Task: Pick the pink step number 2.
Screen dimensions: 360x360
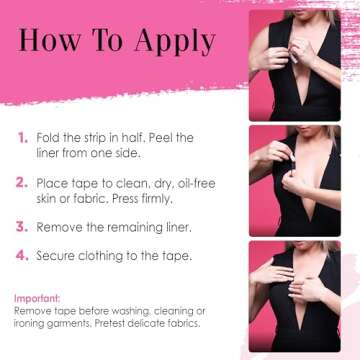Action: (23, 184)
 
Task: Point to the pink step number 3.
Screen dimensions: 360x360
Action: (23, 228)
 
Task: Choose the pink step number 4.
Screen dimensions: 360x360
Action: (23, 256)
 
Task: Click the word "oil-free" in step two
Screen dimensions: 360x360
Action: (194, 184)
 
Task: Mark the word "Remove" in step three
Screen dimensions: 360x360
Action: (61, 228)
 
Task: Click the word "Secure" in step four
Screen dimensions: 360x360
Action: (59, 256)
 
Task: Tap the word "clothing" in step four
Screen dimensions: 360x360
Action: (114, 256)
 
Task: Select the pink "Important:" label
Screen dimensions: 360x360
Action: (37, 298)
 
